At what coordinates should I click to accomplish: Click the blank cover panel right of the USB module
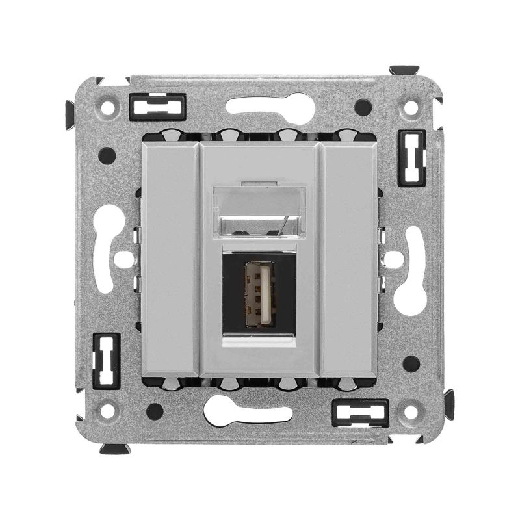click(x=350, y=260)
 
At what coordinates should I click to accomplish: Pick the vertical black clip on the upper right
click(x=413, y=158)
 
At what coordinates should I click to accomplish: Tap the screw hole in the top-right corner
click(x=411, y=108)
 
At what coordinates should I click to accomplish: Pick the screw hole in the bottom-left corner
click(x=108, y=411)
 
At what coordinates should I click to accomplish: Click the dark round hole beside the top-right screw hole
click(x=363, y=107)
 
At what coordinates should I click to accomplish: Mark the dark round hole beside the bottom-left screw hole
click(x=155, y=411)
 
